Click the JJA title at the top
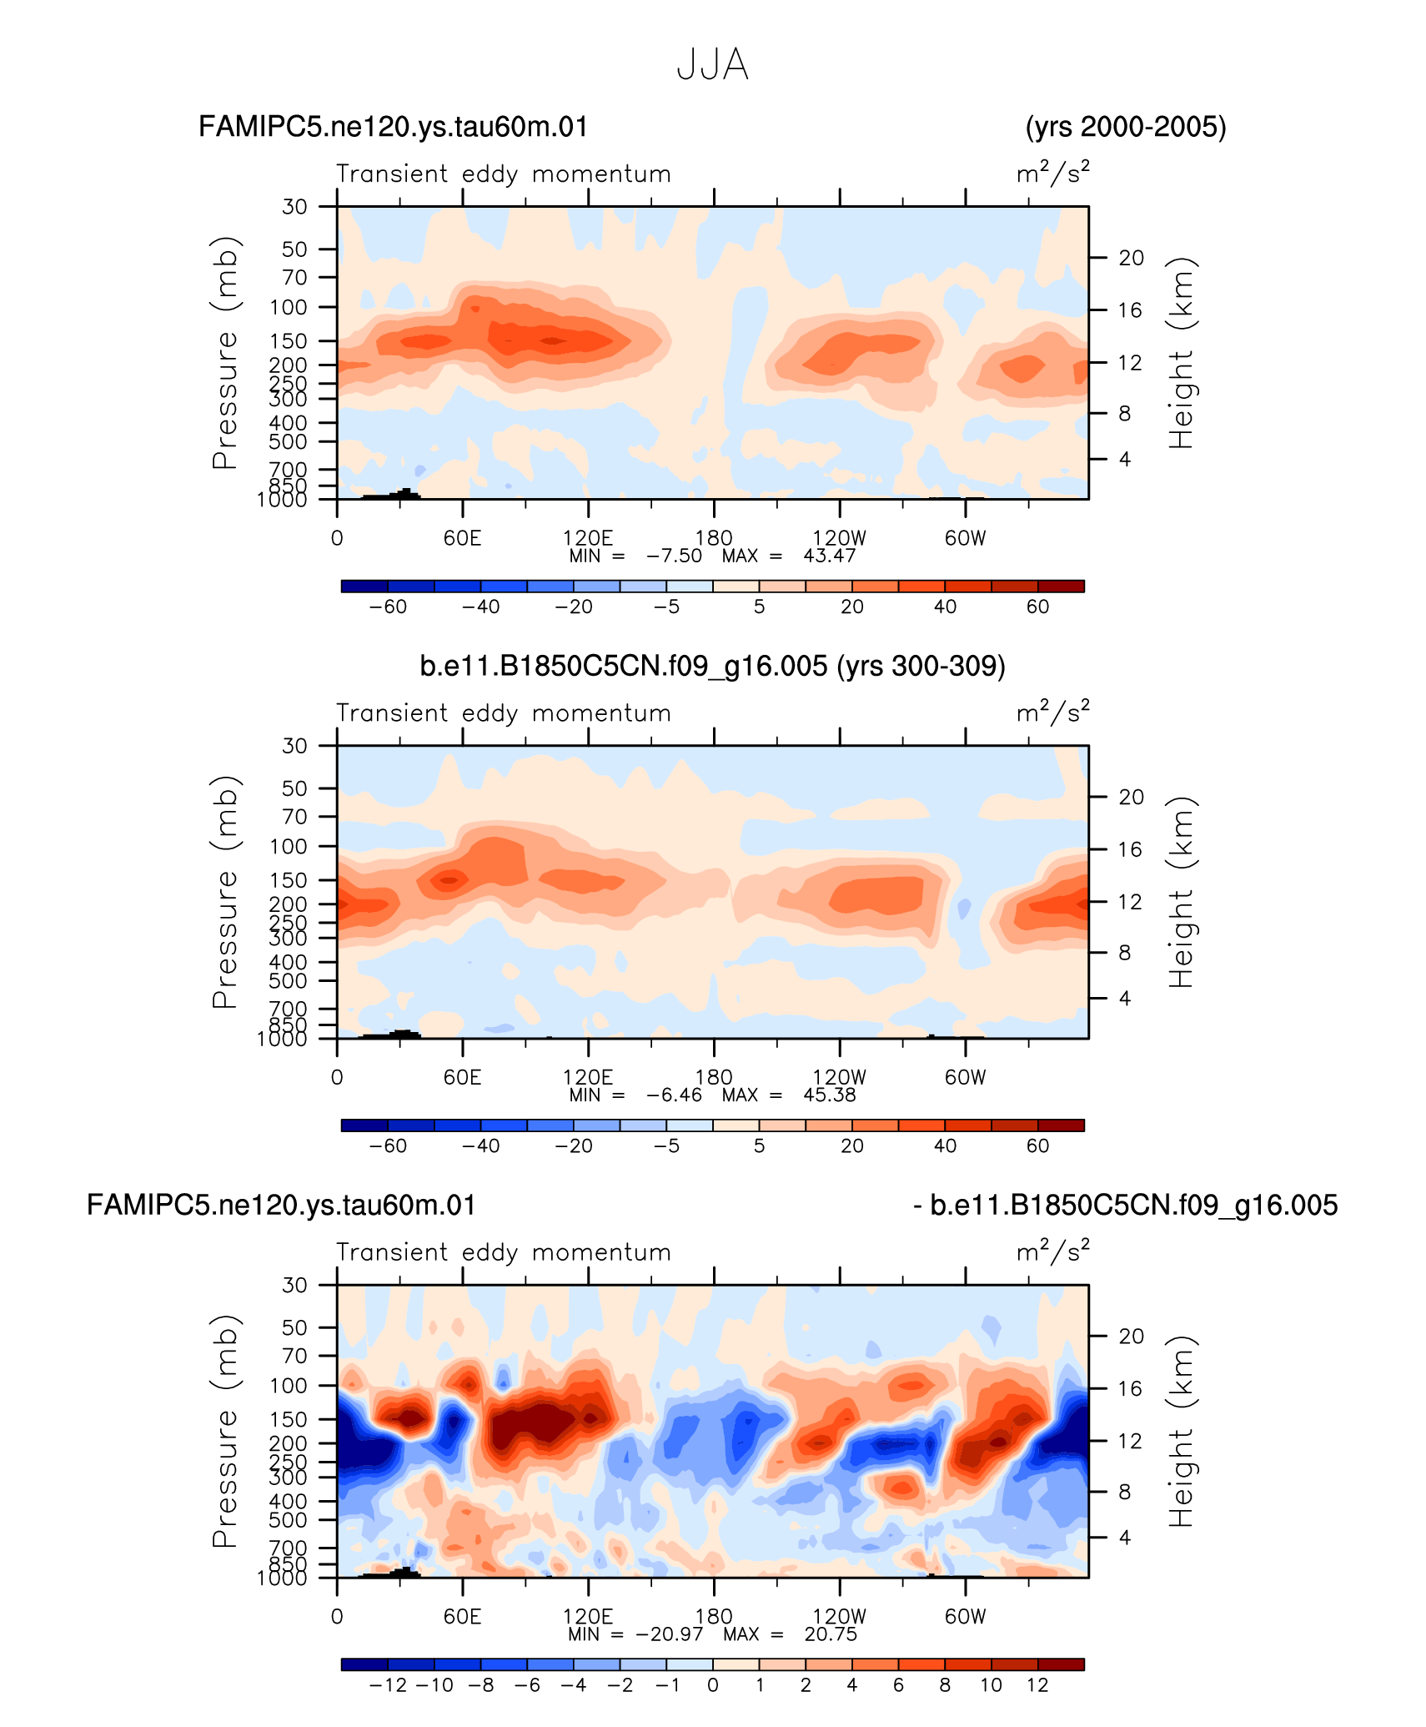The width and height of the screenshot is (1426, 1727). pos(712,64)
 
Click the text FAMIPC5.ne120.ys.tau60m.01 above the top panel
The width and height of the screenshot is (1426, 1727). pos(394,127)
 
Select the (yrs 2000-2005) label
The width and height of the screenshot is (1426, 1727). pos(1126,127)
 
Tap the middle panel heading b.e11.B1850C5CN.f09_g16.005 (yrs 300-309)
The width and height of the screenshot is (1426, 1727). pos(713,666)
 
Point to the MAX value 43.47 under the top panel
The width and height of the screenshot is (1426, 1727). pos(830,556)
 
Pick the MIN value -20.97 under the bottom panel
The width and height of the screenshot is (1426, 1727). pos(670,1634)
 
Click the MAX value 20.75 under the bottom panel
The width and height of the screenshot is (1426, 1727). pos(831,1634)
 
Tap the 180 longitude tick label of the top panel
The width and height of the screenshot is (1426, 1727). pos(714,538)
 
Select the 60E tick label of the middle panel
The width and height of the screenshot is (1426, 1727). pos(463,1077)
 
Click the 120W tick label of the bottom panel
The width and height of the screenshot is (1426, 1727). pos(840,1616)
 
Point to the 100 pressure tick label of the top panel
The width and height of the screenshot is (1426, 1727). pos(289,307)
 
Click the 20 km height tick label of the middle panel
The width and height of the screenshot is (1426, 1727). pos(1131,797)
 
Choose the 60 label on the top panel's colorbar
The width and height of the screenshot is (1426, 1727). pos(1037,607)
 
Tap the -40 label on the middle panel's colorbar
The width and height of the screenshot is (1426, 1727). pos(481,1145)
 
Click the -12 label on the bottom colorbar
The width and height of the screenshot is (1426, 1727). pos(388,1684)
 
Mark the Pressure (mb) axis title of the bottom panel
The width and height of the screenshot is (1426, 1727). pos(225,1430)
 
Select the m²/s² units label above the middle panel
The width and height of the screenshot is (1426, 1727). pos(1052,712)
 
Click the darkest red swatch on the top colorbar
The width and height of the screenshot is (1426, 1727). pos(1061,586)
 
